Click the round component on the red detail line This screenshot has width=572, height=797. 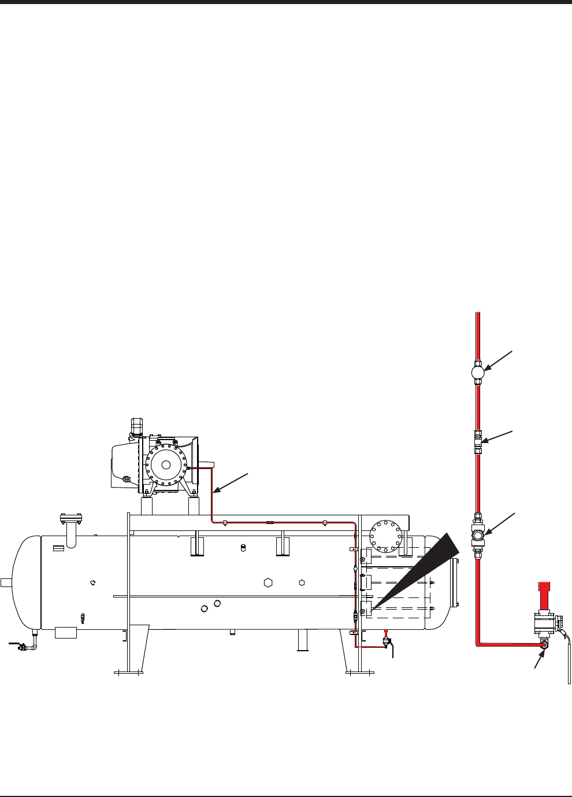click(x=477, y=371)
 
